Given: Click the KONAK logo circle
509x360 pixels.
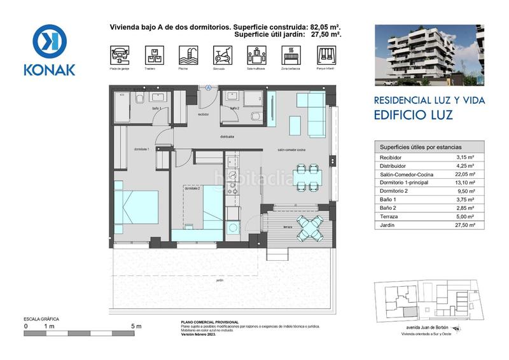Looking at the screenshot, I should pyautogui.click(x=50, y=41).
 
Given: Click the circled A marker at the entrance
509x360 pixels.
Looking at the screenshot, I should pyautogui.click(x=207, y=87).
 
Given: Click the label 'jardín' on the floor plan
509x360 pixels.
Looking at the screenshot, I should pyautogui.click(x=220, y=280).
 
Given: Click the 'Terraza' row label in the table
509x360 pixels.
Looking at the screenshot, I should pyautogui.click(x=389, y=216).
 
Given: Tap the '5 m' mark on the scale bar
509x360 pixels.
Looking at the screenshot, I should pyautogui.click(x=136, y=326).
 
